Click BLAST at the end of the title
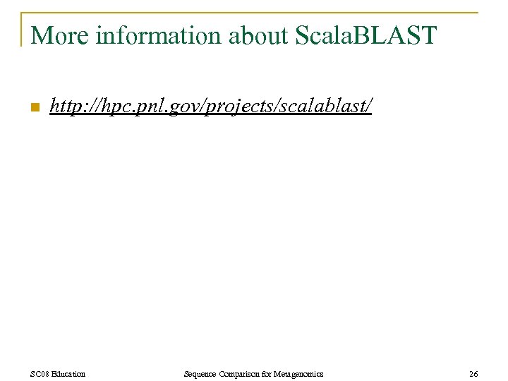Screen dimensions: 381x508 (x=401, y=35)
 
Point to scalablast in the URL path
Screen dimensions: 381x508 (x=322, y=107)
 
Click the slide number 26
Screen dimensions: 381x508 (x=473, y=373)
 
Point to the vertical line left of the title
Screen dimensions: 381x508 (x=22, y=30)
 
